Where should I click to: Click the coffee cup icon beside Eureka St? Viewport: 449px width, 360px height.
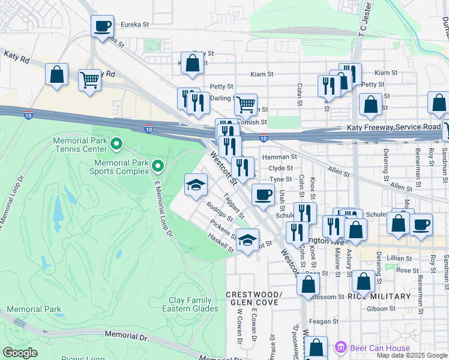click(x=102, y=26)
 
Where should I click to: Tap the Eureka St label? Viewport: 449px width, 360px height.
click(x=134, y=25)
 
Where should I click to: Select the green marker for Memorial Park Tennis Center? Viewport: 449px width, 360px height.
click(x=117, y=143)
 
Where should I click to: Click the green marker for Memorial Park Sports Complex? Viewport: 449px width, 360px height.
click(x=158, y=164)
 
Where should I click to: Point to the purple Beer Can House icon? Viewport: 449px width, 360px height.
click(x=341, y=347)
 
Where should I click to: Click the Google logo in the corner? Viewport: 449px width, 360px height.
click(x=20, y=353)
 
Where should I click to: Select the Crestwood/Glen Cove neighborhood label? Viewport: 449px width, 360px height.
click(x=254, y=299)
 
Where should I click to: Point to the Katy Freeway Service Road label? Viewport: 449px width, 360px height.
click(x=393, y=128)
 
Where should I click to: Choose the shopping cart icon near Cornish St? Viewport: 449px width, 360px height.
click(x=246, y=104)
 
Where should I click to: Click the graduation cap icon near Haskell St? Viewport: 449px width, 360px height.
click(x=247, y=240)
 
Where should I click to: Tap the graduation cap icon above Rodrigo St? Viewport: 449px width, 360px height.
click(x=196, y=185)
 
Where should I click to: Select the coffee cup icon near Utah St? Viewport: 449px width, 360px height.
click(x=262, y=194)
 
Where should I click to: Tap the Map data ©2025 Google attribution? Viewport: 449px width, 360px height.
click(x=412, y=355)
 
